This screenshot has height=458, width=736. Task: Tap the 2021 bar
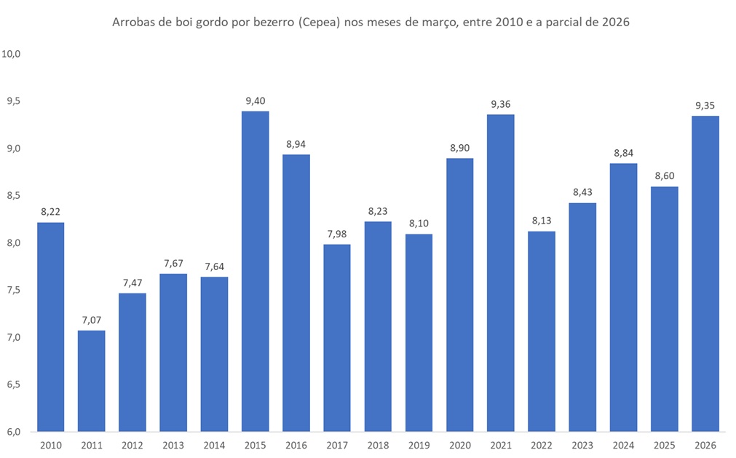(501, 272)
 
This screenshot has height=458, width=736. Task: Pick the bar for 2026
(705, 273)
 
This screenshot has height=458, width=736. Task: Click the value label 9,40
(256, 101)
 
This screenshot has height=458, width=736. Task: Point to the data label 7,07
(92, 320)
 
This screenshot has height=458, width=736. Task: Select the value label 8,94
(296, 144)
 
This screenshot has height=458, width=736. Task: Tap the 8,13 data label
(542, 221)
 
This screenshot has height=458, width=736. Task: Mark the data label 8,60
(664, 176)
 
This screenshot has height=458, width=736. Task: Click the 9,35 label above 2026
(705, 106)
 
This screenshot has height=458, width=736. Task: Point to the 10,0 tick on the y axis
(12, 54)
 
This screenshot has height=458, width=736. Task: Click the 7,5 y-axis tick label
(12, 291)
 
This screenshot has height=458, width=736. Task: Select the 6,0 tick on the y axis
(12, 432)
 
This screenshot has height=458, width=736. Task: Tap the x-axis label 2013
(173, 445)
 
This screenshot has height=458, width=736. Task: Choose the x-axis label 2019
(419, 445)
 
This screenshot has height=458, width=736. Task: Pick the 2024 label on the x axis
(623, 445)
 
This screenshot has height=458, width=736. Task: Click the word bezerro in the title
(274, 23)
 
